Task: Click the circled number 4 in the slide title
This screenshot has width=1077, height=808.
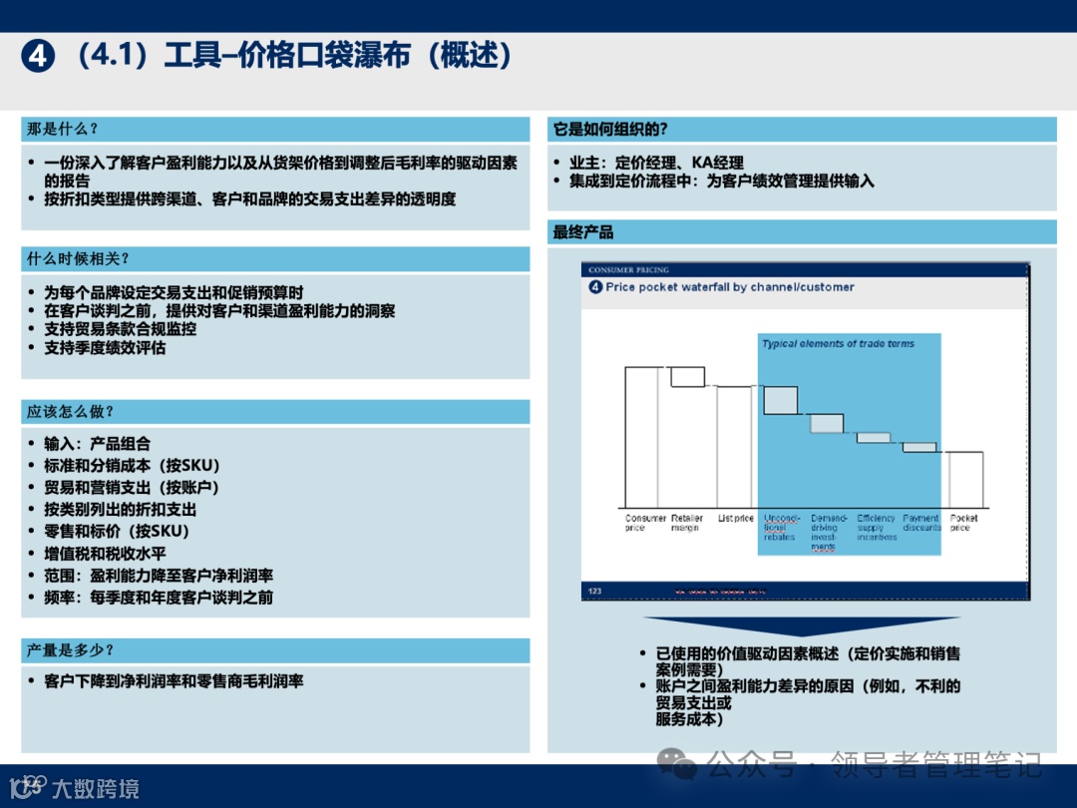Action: click(37, 57)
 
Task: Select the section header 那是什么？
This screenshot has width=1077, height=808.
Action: click(62, 129)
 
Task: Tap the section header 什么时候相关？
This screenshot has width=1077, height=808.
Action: click(78, 258)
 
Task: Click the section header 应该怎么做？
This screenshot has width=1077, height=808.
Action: click(70, 411)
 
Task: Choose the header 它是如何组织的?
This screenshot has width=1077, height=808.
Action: click(610, 129)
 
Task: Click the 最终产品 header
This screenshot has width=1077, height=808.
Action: click(583, 232)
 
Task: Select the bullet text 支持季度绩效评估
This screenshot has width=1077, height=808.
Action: click(105, 348)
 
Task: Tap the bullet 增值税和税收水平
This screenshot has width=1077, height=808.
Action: click(105, 554)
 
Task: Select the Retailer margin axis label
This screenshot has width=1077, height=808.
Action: click(687, 523)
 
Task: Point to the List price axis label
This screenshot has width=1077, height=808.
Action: click(736, 519)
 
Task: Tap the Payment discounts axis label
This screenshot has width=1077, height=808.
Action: click(921, 523)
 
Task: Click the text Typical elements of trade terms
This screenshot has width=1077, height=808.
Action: click(838, 344)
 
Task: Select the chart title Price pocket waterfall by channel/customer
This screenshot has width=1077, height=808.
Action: click(729, 287)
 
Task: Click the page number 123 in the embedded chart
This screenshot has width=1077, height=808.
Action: click(595, 592)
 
